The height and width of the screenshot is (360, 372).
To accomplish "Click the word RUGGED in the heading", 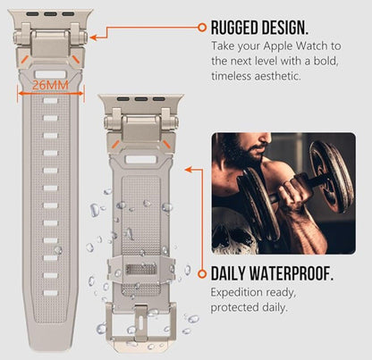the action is [x=234, y=28].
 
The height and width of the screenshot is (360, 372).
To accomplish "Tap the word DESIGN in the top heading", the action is [x=284, y=28].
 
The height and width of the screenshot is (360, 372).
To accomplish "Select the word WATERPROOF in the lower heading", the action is [x=291, y=273].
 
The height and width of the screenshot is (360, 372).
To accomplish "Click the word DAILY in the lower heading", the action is [x=228, y=273].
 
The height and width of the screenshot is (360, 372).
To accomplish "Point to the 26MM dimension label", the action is [x=50, y=85].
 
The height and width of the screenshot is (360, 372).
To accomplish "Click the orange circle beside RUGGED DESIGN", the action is [x=202, y=28].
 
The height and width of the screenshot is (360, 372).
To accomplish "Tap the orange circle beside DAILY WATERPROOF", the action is [x=202, y=273].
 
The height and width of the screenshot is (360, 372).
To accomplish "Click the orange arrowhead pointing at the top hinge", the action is [x=93, y=38].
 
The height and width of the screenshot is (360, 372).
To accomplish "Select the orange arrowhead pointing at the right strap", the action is [x=188, y=170].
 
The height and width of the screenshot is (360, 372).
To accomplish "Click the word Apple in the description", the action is [x=278, y=46].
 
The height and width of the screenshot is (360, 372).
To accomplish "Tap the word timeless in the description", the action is [x=231, y=76].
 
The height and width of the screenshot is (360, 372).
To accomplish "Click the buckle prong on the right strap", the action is [x=140, y=323].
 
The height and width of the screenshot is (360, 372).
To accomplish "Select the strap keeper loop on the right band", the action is [x=141, y=269].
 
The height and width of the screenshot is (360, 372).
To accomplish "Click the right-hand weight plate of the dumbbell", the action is [x=332, y=176].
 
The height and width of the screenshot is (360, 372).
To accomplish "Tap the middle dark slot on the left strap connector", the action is [x=50, y=14].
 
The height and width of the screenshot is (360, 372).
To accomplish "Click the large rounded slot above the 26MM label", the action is [x=50, y=74].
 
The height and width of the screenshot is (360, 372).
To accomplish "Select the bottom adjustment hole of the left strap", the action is [x=50, y=293].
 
